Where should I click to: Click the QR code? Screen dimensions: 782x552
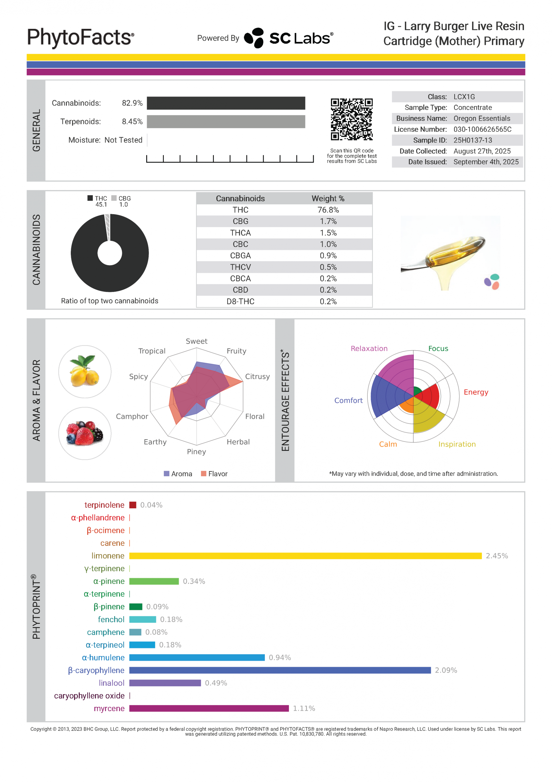click(x=352, y=119)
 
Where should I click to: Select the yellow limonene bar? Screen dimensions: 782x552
click(x=305, y=556)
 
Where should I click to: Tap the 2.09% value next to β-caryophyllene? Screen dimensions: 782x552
click(x=446, y=670)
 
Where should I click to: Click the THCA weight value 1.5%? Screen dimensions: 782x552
click(x=328, y=233)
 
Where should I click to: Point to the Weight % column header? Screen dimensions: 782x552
click(x=328, y=199)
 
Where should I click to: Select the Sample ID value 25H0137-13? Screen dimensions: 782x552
click(x=473, y=140)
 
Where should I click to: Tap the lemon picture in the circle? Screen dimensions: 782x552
click(x=85, y=371)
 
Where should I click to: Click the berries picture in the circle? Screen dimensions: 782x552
click(x=85, y=433)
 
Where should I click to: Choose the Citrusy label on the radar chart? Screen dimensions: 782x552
click(x=257, y=376)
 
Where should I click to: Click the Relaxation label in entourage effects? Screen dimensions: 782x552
click(x=369, y=349)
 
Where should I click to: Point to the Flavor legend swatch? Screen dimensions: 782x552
click(x=204, y=474)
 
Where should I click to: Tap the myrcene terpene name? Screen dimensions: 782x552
click(x=109, y=708)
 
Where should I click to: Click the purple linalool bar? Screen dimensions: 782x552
click(x=165, y=683)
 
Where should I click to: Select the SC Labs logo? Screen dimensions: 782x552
click(x=289, y=38)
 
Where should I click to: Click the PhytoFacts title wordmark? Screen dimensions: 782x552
click(x=81, y=38)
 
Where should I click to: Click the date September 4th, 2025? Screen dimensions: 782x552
click(x=486, y=162)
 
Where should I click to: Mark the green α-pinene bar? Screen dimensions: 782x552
click(x=154, y=581)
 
